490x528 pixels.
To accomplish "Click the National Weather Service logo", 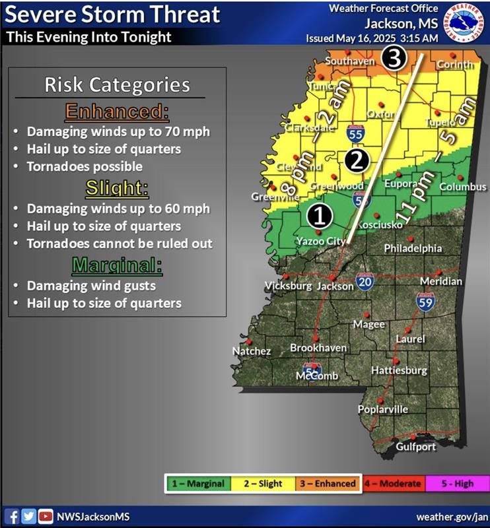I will (465, 22).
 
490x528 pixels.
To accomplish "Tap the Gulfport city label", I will (415, 447).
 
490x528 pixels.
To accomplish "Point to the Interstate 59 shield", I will (426, 302).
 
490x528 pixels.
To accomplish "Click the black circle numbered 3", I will (394, 59).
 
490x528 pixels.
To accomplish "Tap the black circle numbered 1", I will (319, 214).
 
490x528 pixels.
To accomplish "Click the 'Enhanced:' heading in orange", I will (117, 112).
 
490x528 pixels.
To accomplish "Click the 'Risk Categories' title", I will (117, 84).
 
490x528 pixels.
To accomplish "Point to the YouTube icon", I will (46, 515).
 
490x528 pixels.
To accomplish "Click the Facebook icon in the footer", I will (13, 515).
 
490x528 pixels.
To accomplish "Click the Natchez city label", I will (252, 351).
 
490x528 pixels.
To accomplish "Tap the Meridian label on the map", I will (441, 281).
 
